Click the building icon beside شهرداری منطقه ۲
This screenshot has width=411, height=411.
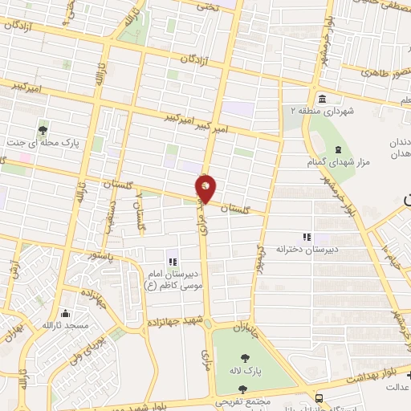click(322, 100)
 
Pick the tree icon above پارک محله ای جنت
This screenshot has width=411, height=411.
click(42, 128)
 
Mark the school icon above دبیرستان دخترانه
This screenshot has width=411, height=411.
click(305, 237)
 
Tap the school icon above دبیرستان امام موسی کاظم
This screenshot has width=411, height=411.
click(170, 260)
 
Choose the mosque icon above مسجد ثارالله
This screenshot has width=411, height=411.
click(65, 313)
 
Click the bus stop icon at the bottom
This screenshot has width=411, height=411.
click(319, 397)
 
